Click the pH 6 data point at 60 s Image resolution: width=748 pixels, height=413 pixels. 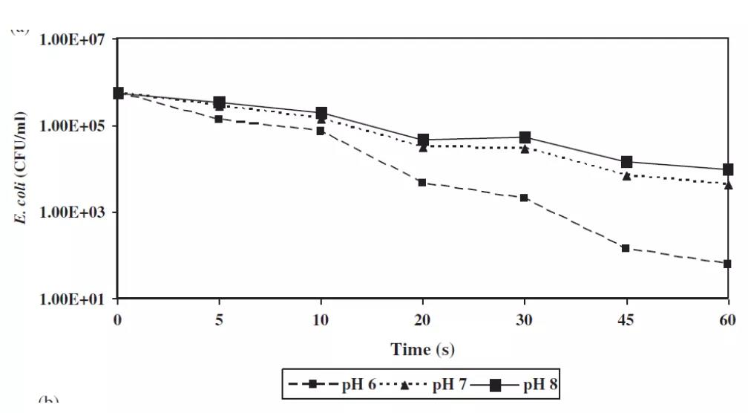point(727,264)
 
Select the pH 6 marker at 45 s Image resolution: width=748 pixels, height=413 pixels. point(626,248)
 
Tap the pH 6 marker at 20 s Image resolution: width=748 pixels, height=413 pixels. point(421,183)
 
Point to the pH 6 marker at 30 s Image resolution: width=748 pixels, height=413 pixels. point(524,198)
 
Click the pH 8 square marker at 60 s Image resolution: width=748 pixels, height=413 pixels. point(727,169)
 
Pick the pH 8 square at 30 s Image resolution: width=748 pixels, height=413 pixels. point(524,137)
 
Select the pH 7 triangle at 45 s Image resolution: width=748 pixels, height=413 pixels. point(626,175)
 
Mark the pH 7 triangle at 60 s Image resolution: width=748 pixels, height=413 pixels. point(727,183)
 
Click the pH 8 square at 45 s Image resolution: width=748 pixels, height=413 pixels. point(626,162)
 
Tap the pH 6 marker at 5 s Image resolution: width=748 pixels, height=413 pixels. point(219,119)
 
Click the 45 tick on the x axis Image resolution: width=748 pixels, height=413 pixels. point(626,320)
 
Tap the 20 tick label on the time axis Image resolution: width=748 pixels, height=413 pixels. point(421,320)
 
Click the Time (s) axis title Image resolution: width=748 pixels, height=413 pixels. point(422,349)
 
